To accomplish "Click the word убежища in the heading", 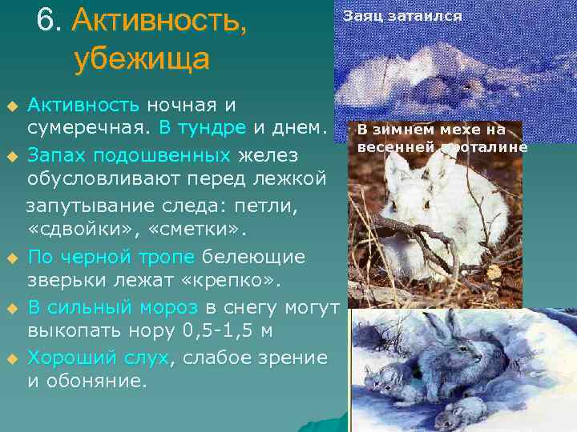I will (141, 60).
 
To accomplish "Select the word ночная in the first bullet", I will (175, 105).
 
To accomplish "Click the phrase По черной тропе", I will (111, 257).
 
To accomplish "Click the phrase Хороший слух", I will (98, 358).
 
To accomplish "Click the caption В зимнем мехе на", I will (430, 130).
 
